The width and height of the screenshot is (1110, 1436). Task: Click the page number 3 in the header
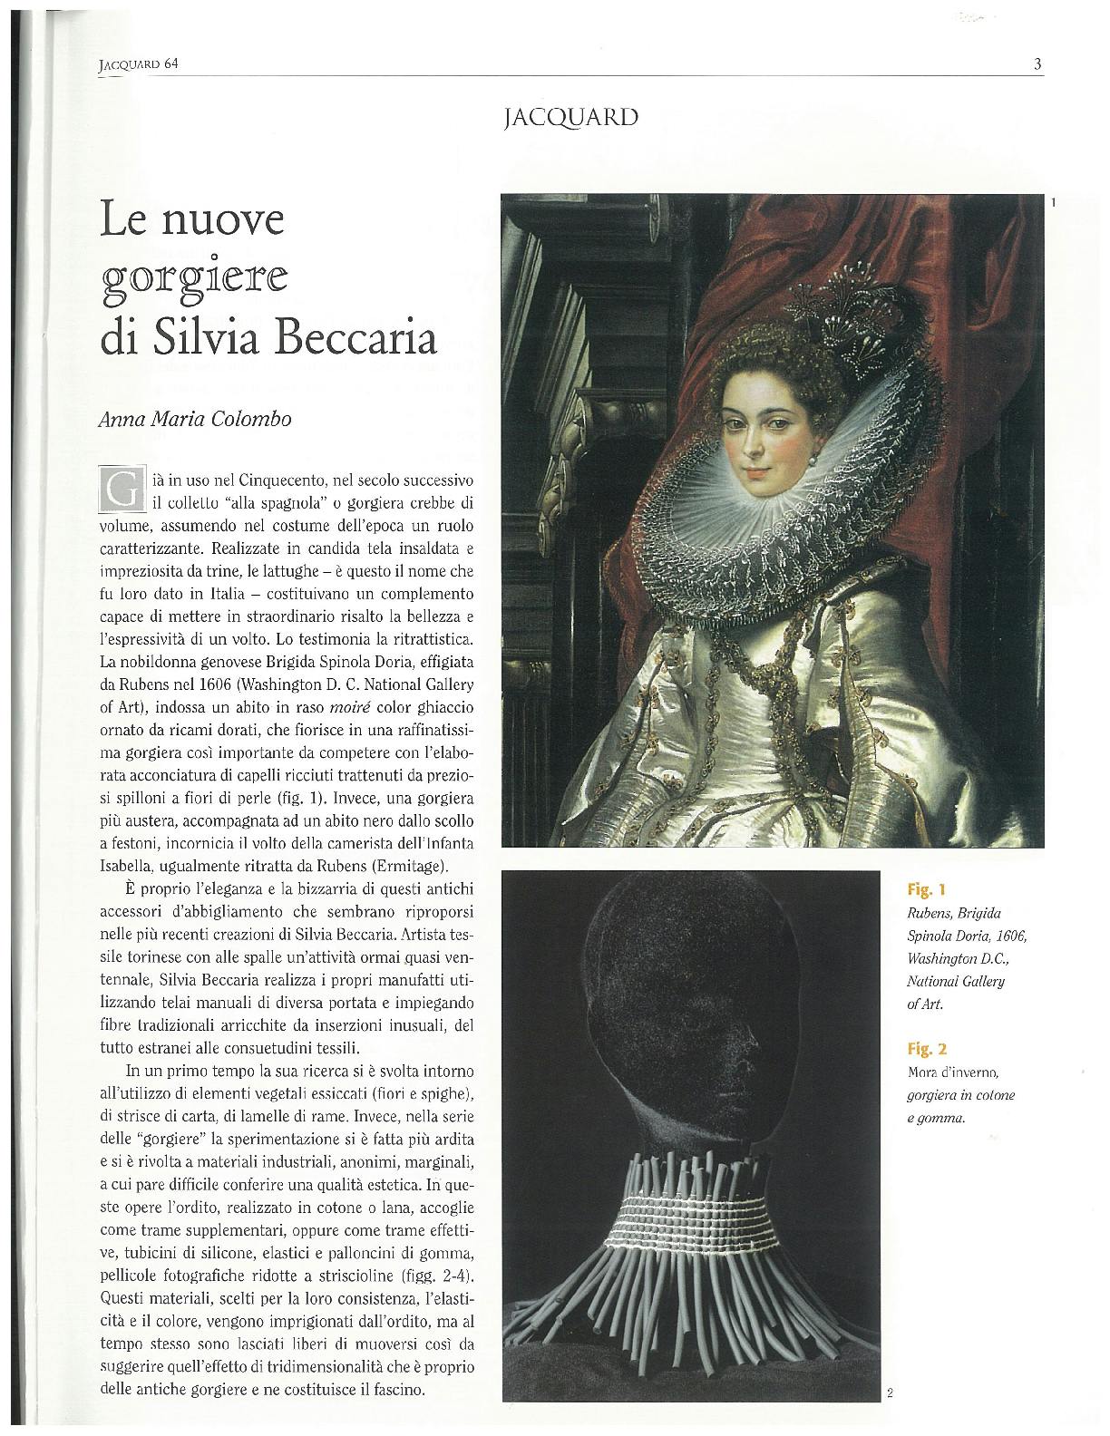tap(1036, 63)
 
